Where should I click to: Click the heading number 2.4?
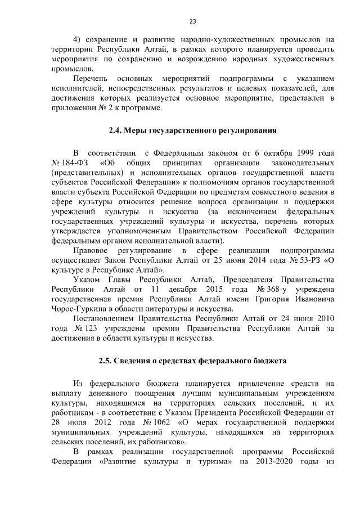(x=115, y=131)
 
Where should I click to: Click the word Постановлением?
(x=103, y=319)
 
